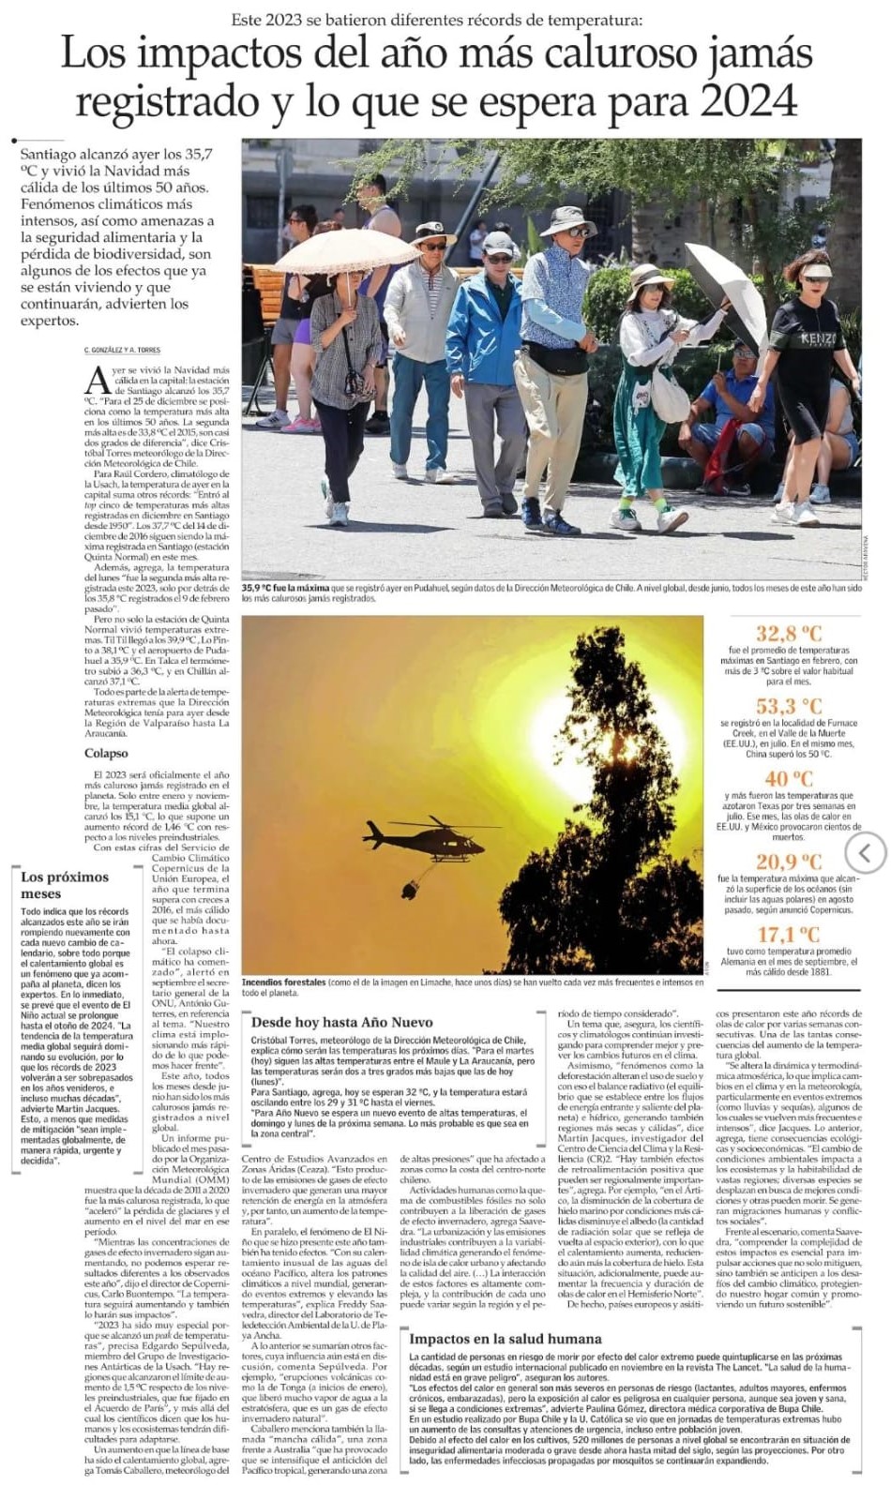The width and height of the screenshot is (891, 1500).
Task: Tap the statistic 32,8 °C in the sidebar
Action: coord(789,634)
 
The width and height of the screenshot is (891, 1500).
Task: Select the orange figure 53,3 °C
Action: coord(789,706)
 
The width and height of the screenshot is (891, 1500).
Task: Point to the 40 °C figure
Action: coord(789,779)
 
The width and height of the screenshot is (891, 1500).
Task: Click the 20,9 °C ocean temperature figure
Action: coord(789,862)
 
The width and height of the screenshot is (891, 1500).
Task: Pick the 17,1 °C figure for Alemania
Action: coord(789,935)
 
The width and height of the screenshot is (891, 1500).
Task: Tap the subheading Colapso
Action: coord(106,753)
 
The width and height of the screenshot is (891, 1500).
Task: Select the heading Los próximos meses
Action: coord(65,885)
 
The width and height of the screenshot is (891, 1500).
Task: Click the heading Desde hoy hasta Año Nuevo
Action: coord(341,1022)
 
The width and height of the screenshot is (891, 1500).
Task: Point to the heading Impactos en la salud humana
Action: coord(506,1339)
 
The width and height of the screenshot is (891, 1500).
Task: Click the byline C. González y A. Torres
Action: coord(122,350)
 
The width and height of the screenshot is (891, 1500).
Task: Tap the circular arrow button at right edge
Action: coord(865,852)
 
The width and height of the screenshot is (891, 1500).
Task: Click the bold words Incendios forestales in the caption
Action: coord(283,982)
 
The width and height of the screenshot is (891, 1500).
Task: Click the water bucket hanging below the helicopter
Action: coord(410,887)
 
